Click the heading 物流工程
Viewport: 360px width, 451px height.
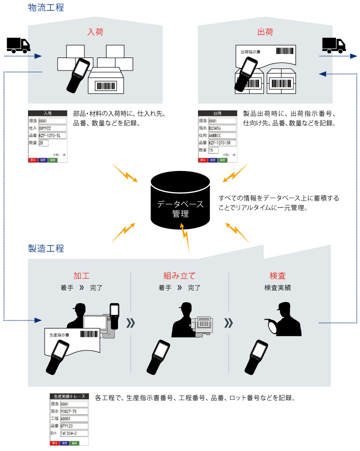click(46, 8)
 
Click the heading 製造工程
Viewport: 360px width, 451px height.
click(46, 248)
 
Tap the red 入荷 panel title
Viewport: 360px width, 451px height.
click(95, 33)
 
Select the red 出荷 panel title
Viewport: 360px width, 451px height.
click(265, 33)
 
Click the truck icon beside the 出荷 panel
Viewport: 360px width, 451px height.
click(333, 45)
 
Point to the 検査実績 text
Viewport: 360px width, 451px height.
click(277, 288)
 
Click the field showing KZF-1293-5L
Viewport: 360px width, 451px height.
click(52, 135)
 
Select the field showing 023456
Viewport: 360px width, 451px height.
click(222, 128)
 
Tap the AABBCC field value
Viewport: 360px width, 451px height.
click(222, 135)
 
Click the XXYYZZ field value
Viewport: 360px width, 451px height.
click(52, 128)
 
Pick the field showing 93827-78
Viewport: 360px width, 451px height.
click(74, 411)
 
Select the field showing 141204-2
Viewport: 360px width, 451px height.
click(74, 433)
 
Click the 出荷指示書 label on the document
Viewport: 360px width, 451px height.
click(250, 51)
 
